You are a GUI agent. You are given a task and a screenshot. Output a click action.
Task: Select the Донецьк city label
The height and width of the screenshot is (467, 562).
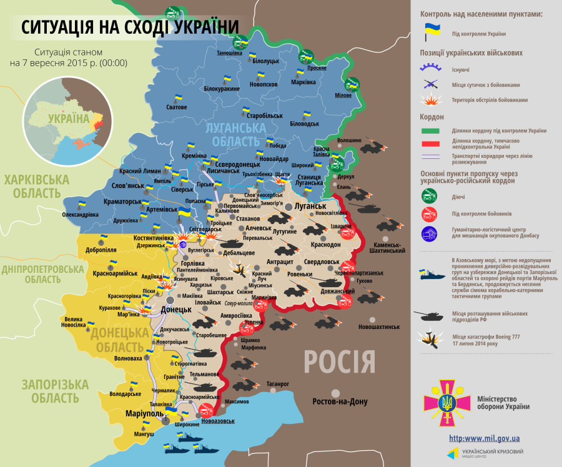tap(175, 309)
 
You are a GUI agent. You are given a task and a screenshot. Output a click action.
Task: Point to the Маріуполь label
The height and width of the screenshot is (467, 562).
tap(144, 413)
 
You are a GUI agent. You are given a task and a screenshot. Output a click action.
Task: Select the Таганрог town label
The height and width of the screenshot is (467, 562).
tap(277, 383)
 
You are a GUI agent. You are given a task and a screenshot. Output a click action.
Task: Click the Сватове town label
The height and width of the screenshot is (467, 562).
tap(176, 107)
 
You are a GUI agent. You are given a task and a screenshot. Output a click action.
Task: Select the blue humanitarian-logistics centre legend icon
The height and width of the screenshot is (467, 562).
tap(430, 234)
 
